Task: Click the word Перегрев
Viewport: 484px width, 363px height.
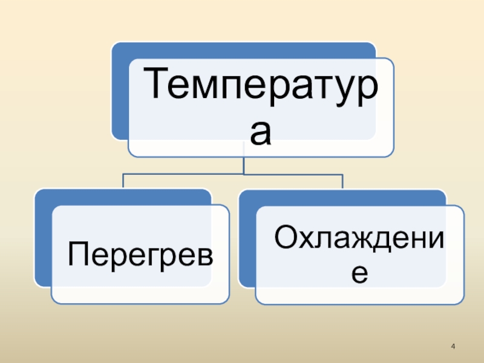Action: coord(140,254)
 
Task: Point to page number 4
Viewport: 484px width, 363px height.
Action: coord(453,347)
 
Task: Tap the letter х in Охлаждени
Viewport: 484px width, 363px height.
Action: coord(309,240)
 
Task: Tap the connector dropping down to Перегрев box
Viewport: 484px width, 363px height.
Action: coord(123,181)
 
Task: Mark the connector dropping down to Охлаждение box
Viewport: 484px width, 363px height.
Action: coord(342,181)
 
